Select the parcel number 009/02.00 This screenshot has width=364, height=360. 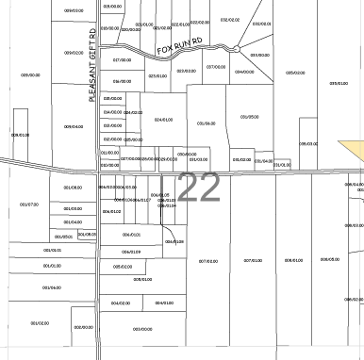pos(74,53)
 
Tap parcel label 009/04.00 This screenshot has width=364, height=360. pos(74,126)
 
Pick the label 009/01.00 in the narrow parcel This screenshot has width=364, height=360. pos(20,135)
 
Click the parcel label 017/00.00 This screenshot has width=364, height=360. pos(122,59)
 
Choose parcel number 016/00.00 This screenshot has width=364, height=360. pos(122,82)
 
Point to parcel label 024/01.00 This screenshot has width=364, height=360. pos(163,120)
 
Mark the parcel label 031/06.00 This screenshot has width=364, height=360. pos(206,123)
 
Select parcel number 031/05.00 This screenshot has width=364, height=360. pos(249,116)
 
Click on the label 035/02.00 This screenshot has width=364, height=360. pos(295,72)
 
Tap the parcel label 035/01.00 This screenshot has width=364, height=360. pos(338,83)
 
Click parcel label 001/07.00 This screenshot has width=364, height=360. pos(29,205)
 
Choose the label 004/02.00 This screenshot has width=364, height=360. pos(120,303)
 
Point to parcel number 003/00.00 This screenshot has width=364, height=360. pos(142,329)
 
